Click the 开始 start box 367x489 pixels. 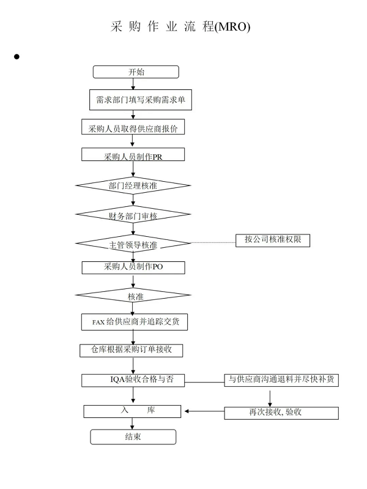point(136,72)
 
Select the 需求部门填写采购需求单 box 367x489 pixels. point(141,100)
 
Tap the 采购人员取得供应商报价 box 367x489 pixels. point(133,127)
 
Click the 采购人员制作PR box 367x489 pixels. point(133,154)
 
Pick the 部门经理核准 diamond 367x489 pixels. point(133,185)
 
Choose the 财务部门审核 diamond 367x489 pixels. point(133,215)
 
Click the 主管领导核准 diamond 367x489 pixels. point(133,243)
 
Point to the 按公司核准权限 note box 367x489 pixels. point(273,241)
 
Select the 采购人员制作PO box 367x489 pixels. point(133,267)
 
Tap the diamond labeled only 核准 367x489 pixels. point(133,295)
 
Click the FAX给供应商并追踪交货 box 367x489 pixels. point(135,322)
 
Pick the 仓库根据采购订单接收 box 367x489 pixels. point(132,351)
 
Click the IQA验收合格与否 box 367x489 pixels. point(133,381)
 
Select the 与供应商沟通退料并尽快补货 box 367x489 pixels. point(281,380)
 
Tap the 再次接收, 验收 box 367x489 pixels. point(281,413)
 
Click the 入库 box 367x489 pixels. point(132,411)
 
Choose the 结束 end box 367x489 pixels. point(133,437)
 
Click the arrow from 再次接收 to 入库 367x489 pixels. point(204,411)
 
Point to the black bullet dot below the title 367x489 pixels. point(17,56)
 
